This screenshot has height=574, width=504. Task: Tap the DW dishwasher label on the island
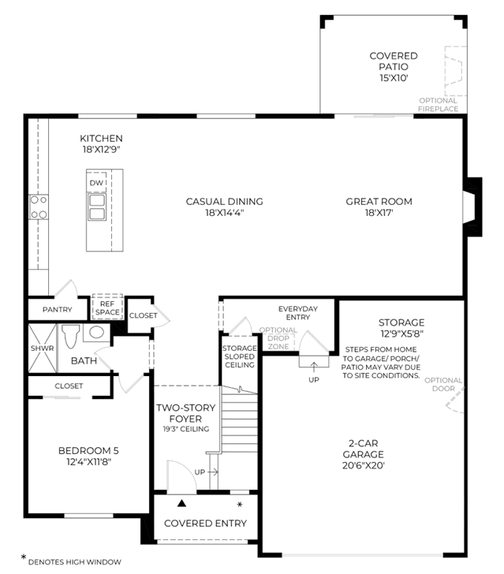click(96, 183)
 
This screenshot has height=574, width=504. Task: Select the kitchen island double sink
click(97, 207)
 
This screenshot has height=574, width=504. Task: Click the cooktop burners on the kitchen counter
click(39, 207)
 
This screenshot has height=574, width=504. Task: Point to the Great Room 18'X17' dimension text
click(379, 212)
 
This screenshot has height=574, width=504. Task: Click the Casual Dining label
click(224, 201)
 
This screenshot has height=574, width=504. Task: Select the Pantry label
click(57, 309)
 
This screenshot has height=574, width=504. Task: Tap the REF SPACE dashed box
click(107, 307)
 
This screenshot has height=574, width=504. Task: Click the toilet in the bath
click(71, 336)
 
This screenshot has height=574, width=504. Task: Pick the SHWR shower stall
click(43, 348)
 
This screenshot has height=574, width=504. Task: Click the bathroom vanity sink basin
click(96, 332)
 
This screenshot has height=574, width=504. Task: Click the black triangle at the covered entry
click(181, 503)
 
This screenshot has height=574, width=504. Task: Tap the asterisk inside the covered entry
click(240, 505)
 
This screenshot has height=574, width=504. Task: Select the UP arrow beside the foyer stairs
click(213, 472)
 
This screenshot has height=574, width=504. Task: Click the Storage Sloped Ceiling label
click(240, 356)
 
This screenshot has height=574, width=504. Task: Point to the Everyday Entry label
click(298, 312)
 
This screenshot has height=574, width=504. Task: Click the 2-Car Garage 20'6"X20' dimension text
click(364, 466)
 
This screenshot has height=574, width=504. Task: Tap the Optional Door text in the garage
click(443, 385)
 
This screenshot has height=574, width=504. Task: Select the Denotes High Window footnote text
click(75, 562)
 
